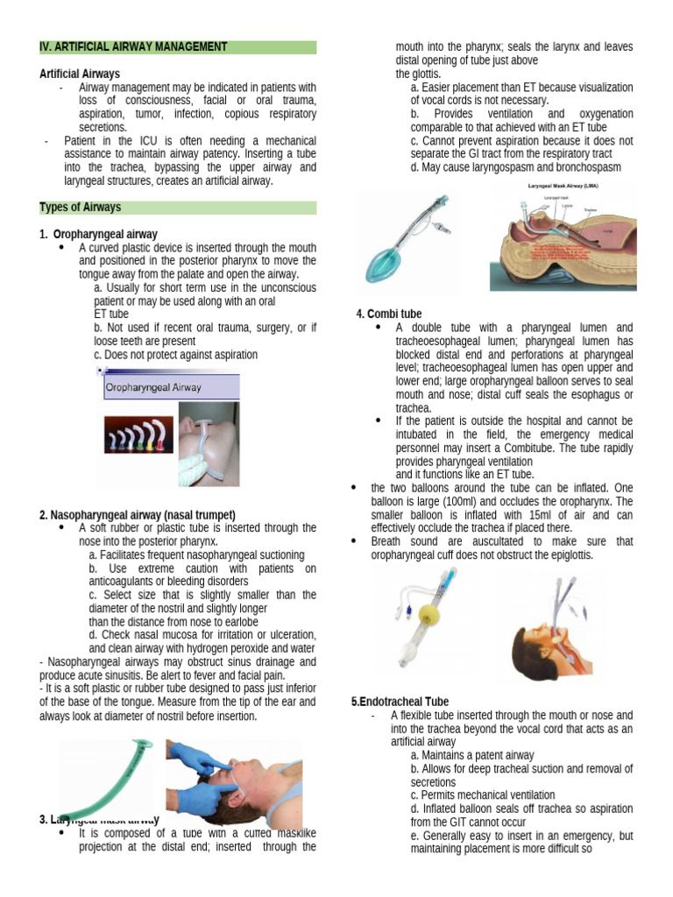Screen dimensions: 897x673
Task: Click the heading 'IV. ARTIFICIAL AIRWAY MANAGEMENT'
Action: (x=134, y=46)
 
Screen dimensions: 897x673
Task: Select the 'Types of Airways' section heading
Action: (x=81, y=208)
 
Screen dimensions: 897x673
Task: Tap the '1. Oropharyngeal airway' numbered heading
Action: (x=98, y=235)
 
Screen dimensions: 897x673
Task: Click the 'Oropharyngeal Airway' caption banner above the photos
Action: (x=154, y=386)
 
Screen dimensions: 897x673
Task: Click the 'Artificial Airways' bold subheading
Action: (x=80, y=74)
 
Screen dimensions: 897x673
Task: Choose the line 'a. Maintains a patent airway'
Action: (x=472, y=755)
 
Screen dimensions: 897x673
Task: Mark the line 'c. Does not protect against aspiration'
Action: (x=175, y=355)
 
